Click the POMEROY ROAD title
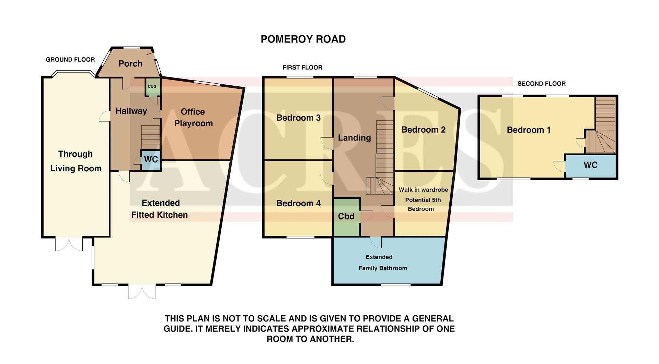303,39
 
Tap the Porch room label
130,64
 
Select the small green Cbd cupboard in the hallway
152,87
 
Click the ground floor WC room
151,160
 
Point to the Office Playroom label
193,118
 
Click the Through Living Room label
76,161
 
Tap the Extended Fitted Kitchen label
160,209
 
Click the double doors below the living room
69,244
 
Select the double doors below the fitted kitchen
142,292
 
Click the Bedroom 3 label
298,118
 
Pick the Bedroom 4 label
298,204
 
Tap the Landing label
354,138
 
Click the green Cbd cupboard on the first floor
346,217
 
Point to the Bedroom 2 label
423,130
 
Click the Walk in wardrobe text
423,190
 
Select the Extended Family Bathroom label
382,263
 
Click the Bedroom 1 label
529,130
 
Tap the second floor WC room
590,165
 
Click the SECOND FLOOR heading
541,84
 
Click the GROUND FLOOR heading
70,60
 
